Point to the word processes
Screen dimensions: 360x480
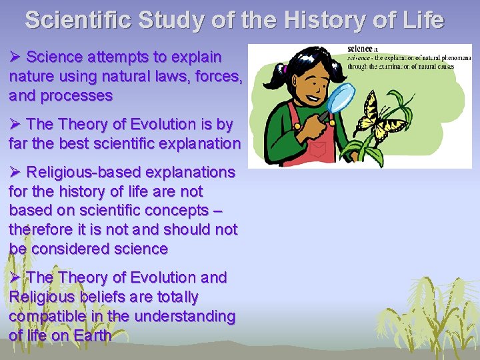tap(77, 95)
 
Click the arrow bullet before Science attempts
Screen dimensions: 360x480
tap(15, 57)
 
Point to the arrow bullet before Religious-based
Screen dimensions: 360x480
tap(15, 172)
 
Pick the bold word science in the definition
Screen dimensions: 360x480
tap(361, 49)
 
